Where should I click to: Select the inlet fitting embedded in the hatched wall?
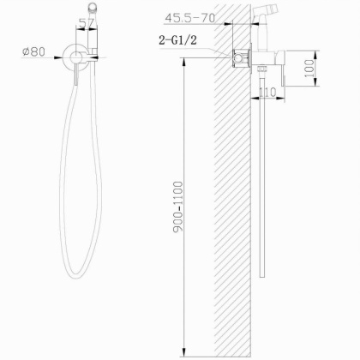[x=241, y=60]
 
